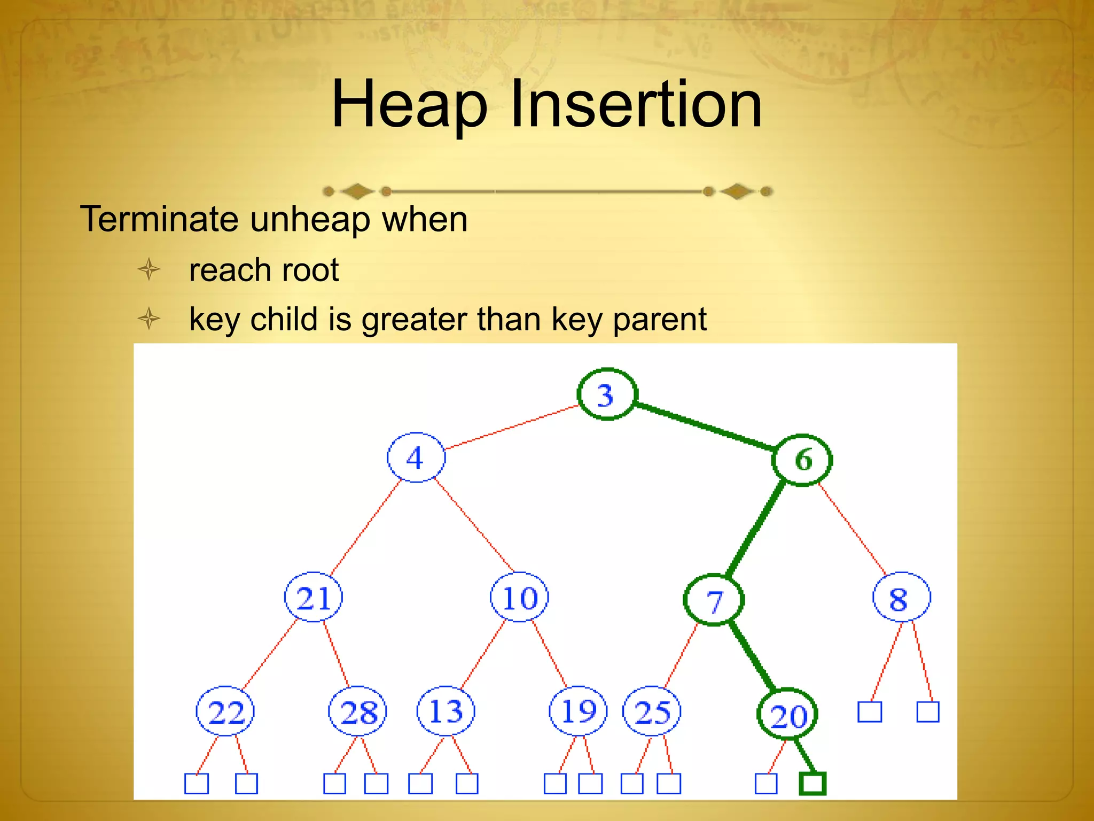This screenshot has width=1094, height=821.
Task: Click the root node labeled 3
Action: (x=607, y=394)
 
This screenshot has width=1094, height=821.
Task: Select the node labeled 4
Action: (x=416, y=458)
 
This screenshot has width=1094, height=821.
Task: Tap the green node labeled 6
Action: (x=802, y=460)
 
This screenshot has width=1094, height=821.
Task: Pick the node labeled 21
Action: (x=314, y=597)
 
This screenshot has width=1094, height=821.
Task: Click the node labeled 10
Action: (x=519, y=597)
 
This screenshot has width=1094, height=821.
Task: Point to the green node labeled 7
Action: (x=714, y=600)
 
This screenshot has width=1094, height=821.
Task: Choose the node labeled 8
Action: (x=901, y=597)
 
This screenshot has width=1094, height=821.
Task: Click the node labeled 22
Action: (x=225, y=711)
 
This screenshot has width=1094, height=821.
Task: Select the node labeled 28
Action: (x=357, y=711)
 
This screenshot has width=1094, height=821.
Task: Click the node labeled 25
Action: (x=652, y=711)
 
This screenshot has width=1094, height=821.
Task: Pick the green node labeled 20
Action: (x=787, y=715)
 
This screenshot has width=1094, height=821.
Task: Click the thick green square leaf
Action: (x=812, y=784)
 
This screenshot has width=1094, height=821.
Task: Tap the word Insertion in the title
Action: (x=636, y=104)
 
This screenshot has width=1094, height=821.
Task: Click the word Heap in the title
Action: (x=409, y=105)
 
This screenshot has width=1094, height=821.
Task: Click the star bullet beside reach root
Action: (x=149, y=269)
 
